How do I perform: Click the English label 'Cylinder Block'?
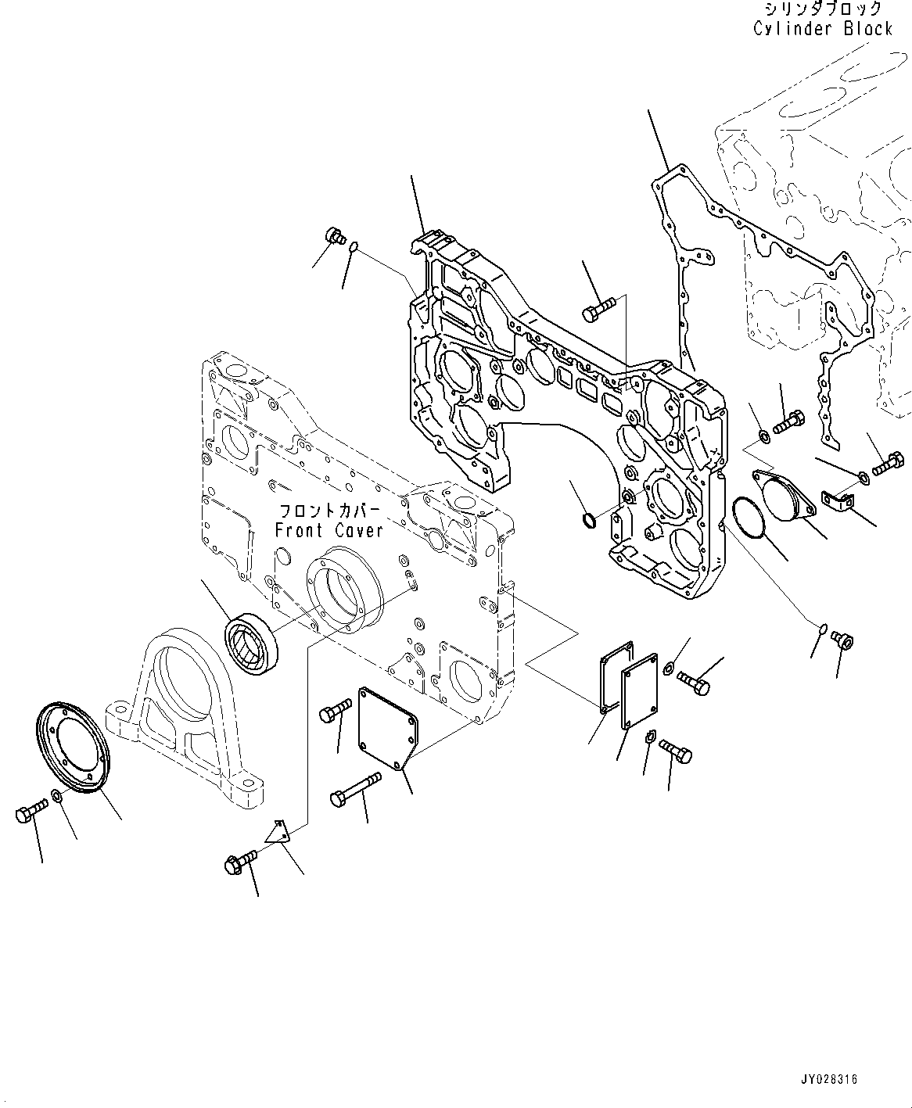[x=823, y=29]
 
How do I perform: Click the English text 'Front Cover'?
[x=329, y=530]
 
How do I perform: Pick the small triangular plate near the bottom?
[x=277, y=831]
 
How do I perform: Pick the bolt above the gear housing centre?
[x=601, y=310]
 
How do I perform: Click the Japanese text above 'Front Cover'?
[x=329, y=511]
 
